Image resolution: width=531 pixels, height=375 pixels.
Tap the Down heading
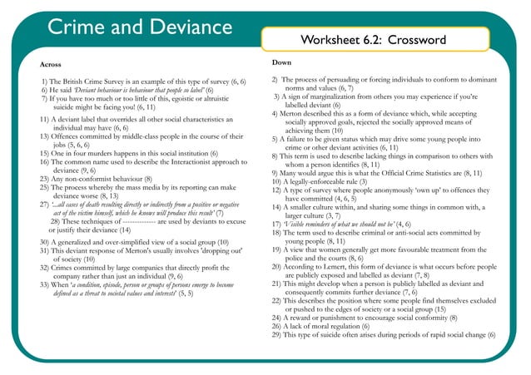coord(281,62)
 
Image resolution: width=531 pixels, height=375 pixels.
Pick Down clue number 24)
coord(279,317)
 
